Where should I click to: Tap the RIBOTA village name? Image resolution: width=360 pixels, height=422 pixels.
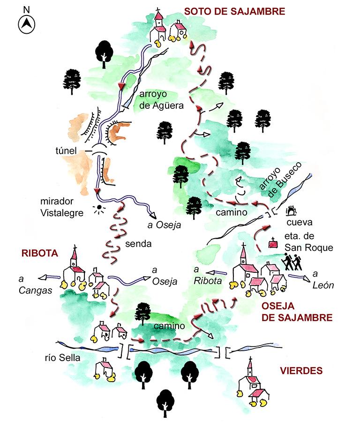coord(39,253)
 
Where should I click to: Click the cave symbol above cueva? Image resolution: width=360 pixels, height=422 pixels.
coord(293,208)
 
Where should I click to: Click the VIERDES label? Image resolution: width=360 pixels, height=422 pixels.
coord(301,371)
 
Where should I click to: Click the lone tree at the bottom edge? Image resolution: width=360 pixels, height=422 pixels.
coord(165,402)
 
